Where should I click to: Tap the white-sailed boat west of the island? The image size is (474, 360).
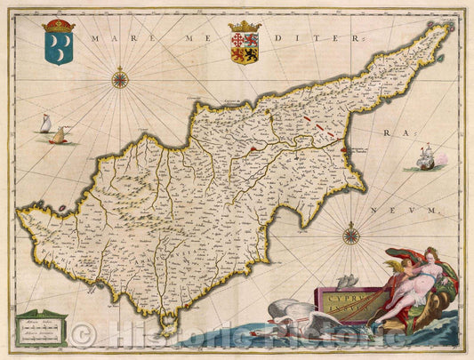(x=44, y=124)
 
